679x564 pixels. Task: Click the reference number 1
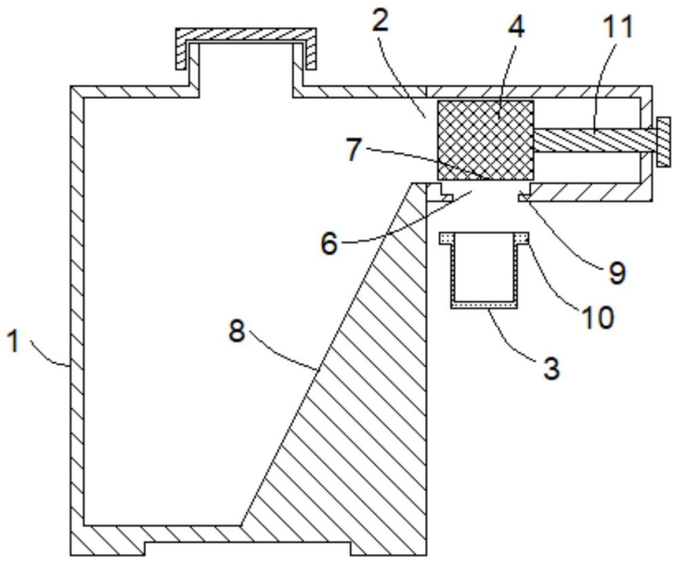click(x=15, y=340)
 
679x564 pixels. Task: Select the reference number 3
click(x=551, y=369)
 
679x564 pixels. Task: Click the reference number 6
click(x=329, y=244)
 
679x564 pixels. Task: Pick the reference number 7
click(x=354, y=150)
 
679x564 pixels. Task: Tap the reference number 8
click(x=237, y=332)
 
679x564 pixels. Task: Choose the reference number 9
click(x=617, y=273)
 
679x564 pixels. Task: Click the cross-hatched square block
click(x=485, y=140)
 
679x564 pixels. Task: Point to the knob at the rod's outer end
click(x=663, y=141)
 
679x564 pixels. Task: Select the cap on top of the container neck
click(x=246, y=48)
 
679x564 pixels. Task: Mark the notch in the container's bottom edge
click(x=247, y=548)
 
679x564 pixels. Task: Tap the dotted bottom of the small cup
click(x=484, y=305)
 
